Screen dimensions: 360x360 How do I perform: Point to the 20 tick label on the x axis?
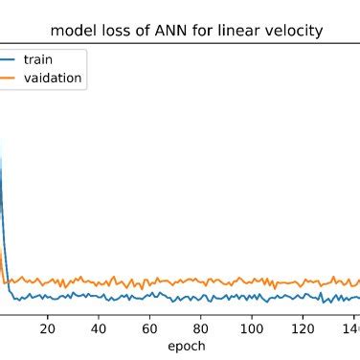point(48,327)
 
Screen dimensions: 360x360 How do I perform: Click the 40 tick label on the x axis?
point(99,327)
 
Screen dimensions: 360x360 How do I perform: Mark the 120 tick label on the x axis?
point(303,327)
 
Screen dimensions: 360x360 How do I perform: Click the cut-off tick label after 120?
point(351,327)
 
